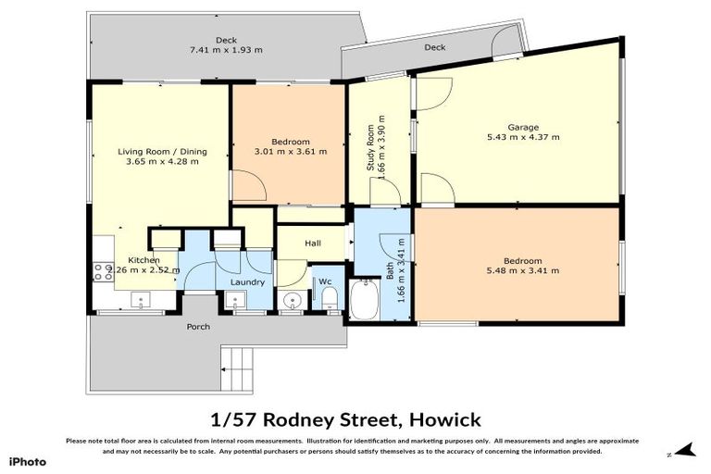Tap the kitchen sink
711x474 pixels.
click(142, 298)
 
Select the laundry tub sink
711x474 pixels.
click(234, 299)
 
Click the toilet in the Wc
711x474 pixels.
click(330, 297)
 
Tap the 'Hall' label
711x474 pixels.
click(312, 243)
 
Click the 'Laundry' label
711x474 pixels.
click(248, 282)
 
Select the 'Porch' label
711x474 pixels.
click(198, 326)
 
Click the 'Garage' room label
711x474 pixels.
click(522, 127)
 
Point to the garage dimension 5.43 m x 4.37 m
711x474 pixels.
click(522, 137)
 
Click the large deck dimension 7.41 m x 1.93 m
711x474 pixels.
click(226, 50)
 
